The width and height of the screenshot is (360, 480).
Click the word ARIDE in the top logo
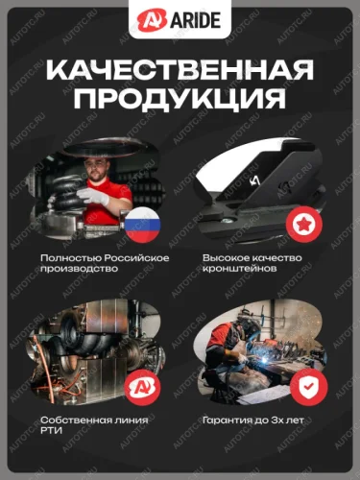pyautogui.click(x=196, y=20)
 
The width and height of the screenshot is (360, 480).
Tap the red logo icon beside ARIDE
pyautogui.click(x=153, y=20)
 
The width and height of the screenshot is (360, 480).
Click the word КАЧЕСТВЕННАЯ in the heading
pyautogui.click(x=180, y=70)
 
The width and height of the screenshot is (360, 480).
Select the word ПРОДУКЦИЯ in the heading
pyautogui.click(x=180, y=97)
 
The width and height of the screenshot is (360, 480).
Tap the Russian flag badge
pyautogui.click(x=142, y=224)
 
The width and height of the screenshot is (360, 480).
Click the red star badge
pyautogui.click(x=304, y=224)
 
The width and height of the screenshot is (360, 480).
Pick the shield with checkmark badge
pyautogui.click(x=309, y=387)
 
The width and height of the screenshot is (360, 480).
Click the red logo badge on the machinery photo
pyautogui.click(x=142, y=387)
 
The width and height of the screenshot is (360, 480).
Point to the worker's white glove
pyautogui.click(x=93, y=196)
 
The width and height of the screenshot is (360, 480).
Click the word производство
pyautogui.click(x=80, y=269)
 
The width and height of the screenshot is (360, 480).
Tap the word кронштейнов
pyautogui.click(x=240, y=269)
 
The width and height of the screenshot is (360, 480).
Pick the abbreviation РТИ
pyautogui.click(x=52, y=431)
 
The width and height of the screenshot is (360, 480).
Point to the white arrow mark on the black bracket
pyautogui.click(x=254, y=181)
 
